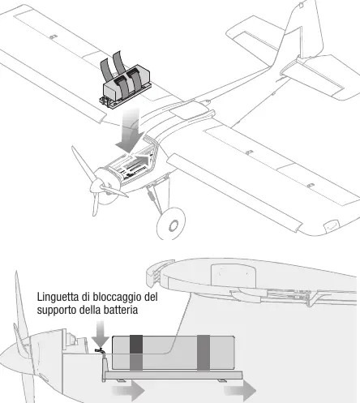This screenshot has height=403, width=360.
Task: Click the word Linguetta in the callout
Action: coord(58,297)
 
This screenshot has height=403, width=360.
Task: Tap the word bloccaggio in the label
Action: coord(118,297)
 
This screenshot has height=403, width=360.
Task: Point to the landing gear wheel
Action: coord(171,224)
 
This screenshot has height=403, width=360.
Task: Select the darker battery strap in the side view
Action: coord(136,353)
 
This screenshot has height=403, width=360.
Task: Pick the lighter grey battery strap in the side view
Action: coord(204,353)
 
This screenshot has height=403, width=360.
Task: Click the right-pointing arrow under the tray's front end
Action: coord(129,391)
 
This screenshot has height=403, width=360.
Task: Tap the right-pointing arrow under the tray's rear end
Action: coord(240,391)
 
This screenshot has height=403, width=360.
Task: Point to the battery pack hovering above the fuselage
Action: coord(126,82)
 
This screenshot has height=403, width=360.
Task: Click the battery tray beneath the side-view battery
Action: coord(173,375)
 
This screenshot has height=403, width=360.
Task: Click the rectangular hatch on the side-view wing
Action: coord(233,275)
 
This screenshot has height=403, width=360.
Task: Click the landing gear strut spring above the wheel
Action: coord(151,194)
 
